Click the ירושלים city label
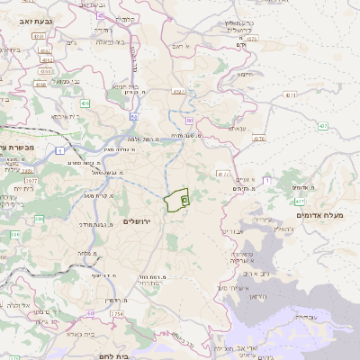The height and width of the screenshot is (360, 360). point(139,220)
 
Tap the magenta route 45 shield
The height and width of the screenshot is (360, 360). point(101,16)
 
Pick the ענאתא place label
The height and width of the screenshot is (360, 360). point(238,129)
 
